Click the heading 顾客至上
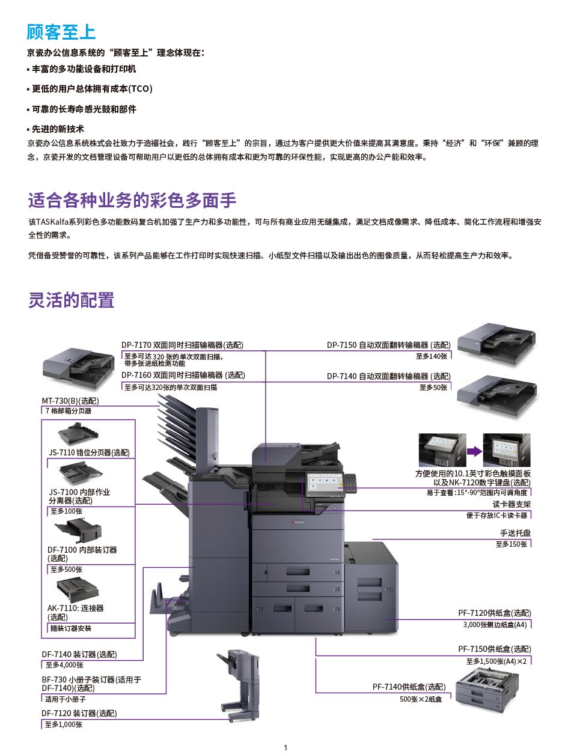coord(61,32)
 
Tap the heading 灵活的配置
coord(71,300)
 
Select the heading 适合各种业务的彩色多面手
coord(132,200)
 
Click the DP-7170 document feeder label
coord(182,345)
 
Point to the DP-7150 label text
coord(388,345)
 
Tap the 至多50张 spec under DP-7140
coord(433,388)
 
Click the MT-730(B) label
coord(70,401)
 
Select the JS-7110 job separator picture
coord(78,434)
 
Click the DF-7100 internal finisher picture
coord(78,530)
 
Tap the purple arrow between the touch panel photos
coord(474,451)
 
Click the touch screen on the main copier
coord(325,484)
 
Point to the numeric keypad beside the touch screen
coord(350,482)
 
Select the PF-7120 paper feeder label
coord(495,613)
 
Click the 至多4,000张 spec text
coord(64,665)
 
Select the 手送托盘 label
coord(515,533)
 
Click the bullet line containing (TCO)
coord(90,89)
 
